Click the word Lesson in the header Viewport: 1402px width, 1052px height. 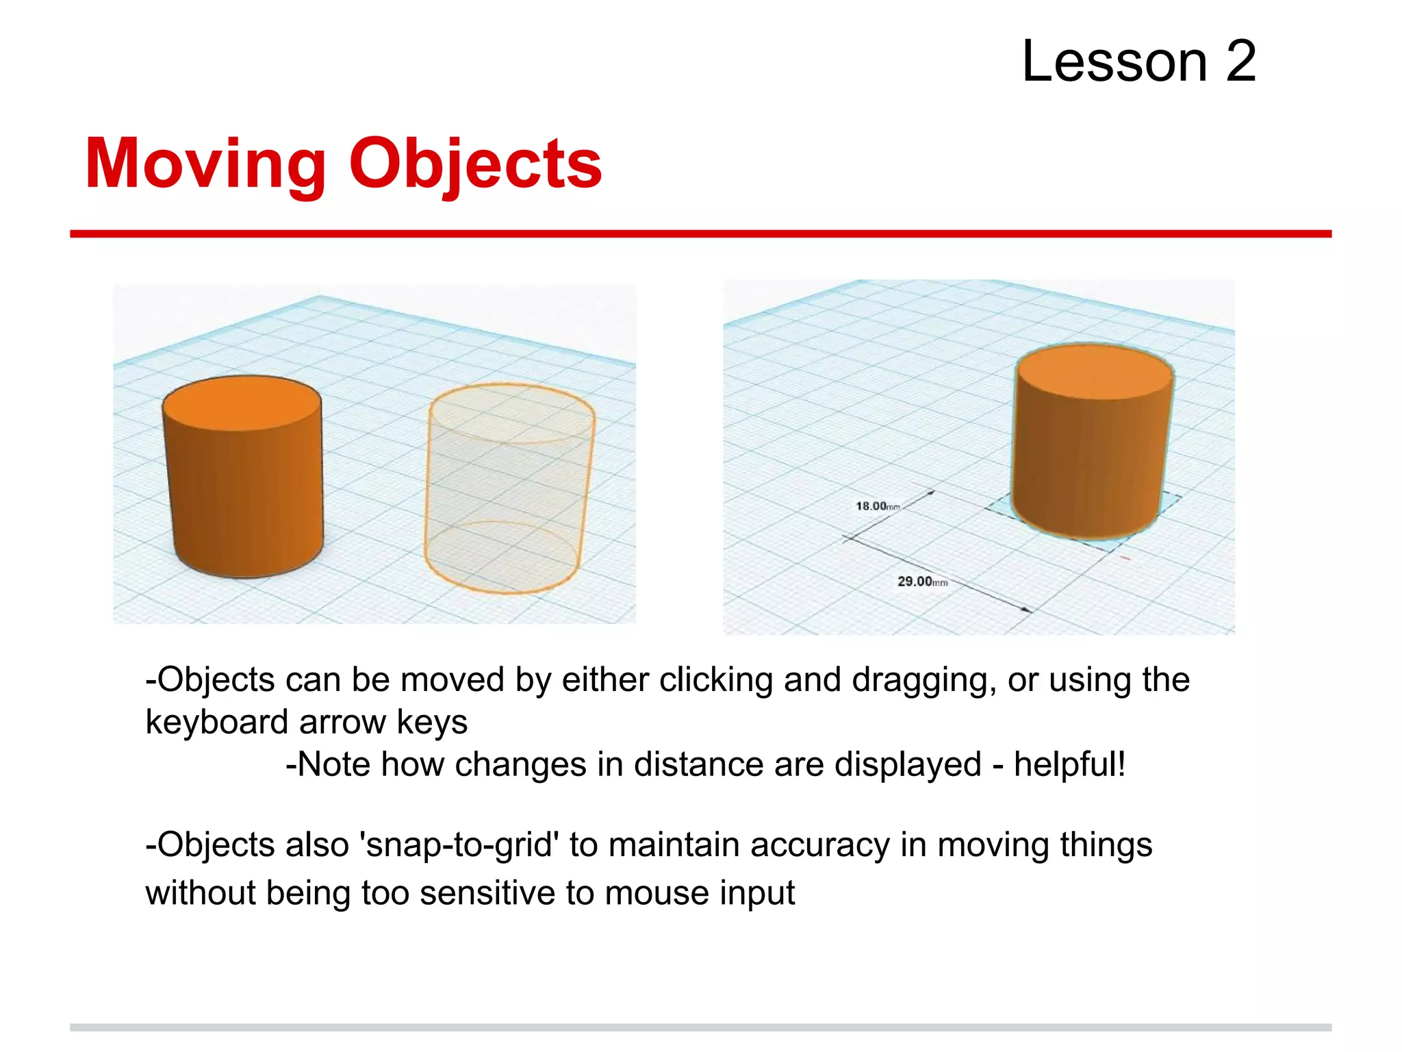tap(1114, 62)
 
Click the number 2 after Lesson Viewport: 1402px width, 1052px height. tap(1240, 62)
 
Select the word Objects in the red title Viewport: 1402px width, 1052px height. tap(476, 164)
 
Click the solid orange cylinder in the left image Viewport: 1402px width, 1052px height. tap(245, 493)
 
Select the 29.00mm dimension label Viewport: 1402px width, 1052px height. tap(922, 581)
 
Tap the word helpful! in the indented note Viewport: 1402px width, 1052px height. tap(1069, 764)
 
